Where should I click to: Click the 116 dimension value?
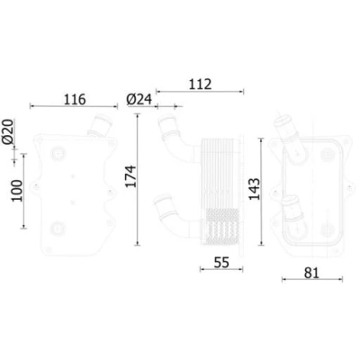point(75,99)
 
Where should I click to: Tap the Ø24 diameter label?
point(139,99)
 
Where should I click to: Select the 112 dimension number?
point(200,85)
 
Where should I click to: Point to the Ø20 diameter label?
point(8,131)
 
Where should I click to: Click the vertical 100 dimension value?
point(17,191)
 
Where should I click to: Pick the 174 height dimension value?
point(130,176)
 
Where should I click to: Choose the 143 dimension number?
point(255,189)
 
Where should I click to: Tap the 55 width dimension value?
point(221,263)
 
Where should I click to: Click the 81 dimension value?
point(311,273)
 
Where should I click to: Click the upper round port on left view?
point(58,153)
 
